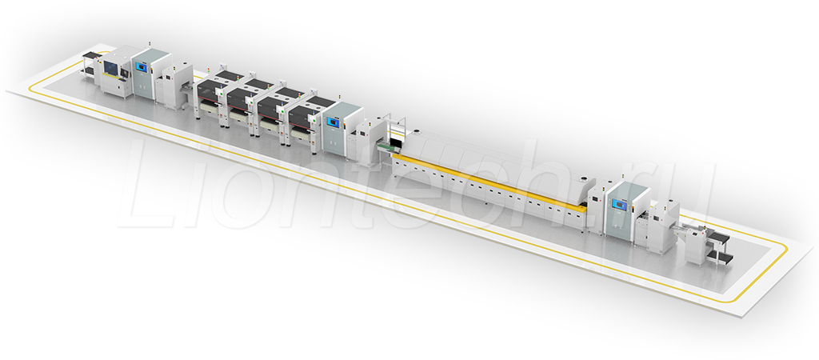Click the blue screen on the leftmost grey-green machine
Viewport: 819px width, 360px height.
[x=141, y=67]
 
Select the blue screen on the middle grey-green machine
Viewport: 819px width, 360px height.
[x=332, y=122]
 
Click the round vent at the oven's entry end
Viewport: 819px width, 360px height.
[x=417, y=132]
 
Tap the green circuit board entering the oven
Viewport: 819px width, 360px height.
[x=388, y=147]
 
